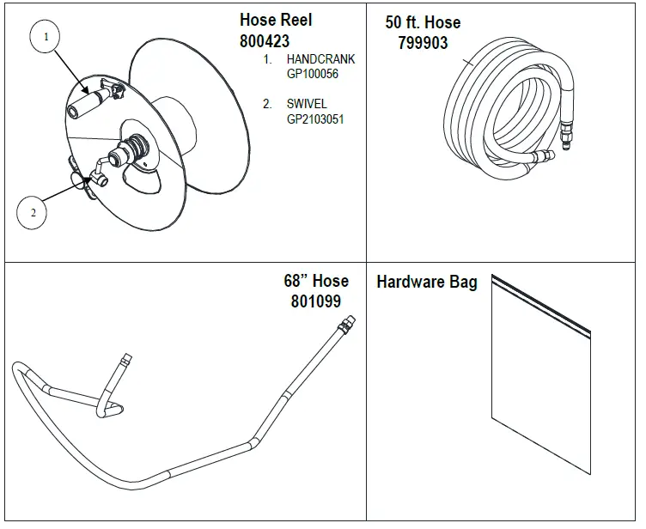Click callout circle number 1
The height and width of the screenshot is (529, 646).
click(x=47, y=37)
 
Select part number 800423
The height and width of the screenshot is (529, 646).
click(x=265, y=40)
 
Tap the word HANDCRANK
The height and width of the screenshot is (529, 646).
click(x=320, y=59)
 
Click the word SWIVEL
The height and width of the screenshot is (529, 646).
click(x=307, y=104)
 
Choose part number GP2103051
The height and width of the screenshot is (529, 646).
click(x=315, y=119)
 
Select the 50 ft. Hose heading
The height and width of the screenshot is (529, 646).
click(x=422, y=22)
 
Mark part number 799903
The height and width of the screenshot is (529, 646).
click(x=423, y=42)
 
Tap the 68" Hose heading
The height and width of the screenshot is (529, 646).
click(x=316, y=281)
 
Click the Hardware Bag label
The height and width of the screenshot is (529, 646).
click(x=426, y=282)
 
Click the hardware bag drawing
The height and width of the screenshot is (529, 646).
click(x=539, y=386)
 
